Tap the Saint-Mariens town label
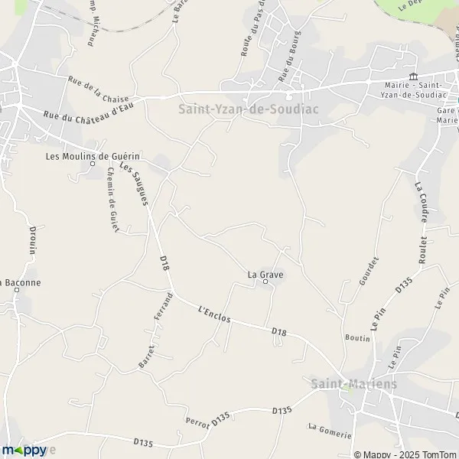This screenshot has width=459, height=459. [x=354, y=384]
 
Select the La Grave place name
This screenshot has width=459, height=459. [x=262, y=272]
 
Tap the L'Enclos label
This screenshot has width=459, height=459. [x=214, y=314]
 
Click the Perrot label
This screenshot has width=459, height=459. [x=197, y=421]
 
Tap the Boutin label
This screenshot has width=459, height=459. [x=358, y=337]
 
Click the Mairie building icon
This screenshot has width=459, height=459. [x=414, y=75]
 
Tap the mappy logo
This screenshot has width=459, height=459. [x=24, y=451]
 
